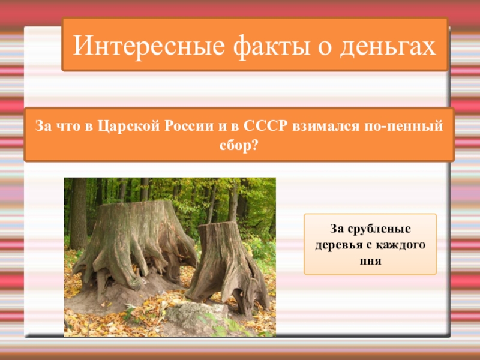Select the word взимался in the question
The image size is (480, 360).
click(x=314, y=127)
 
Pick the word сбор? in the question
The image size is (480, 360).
click(x=239, y=145)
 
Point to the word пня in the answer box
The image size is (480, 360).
click(x=370, y=262)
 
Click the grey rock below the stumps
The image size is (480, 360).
click(x=189, y=313)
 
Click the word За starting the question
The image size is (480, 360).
click(x=44, y=127)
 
